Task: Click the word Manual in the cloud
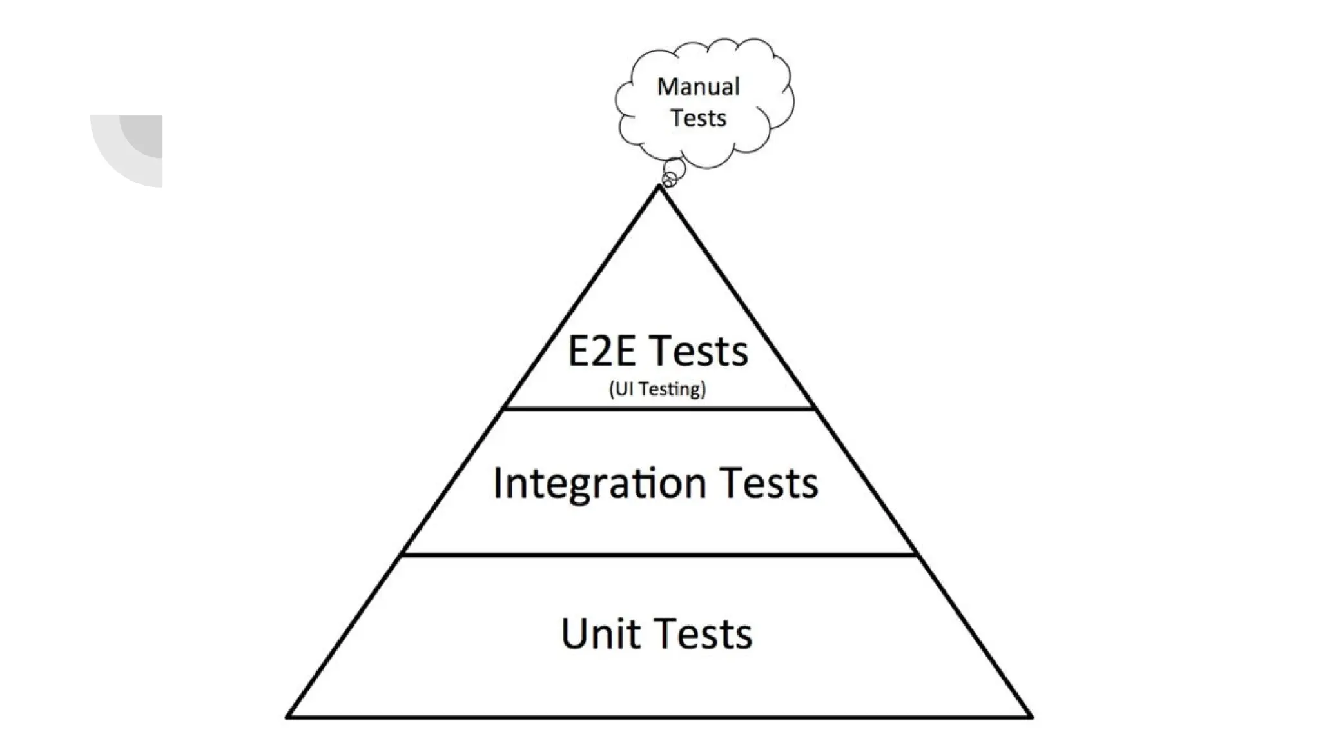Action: coord(698,87)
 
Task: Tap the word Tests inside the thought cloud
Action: coord(698,119)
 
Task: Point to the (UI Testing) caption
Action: coord(657,389)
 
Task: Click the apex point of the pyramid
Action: coord(659,187)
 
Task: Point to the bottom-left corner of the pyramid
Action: coord(288,716)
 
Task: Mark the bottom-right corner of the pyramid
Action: coord(1031,716)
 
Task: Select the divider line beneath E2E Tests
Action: coord(659,408)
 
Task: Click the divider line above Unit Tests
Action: coord(659,554)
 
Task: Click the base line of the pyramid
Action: coord(659,717)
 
